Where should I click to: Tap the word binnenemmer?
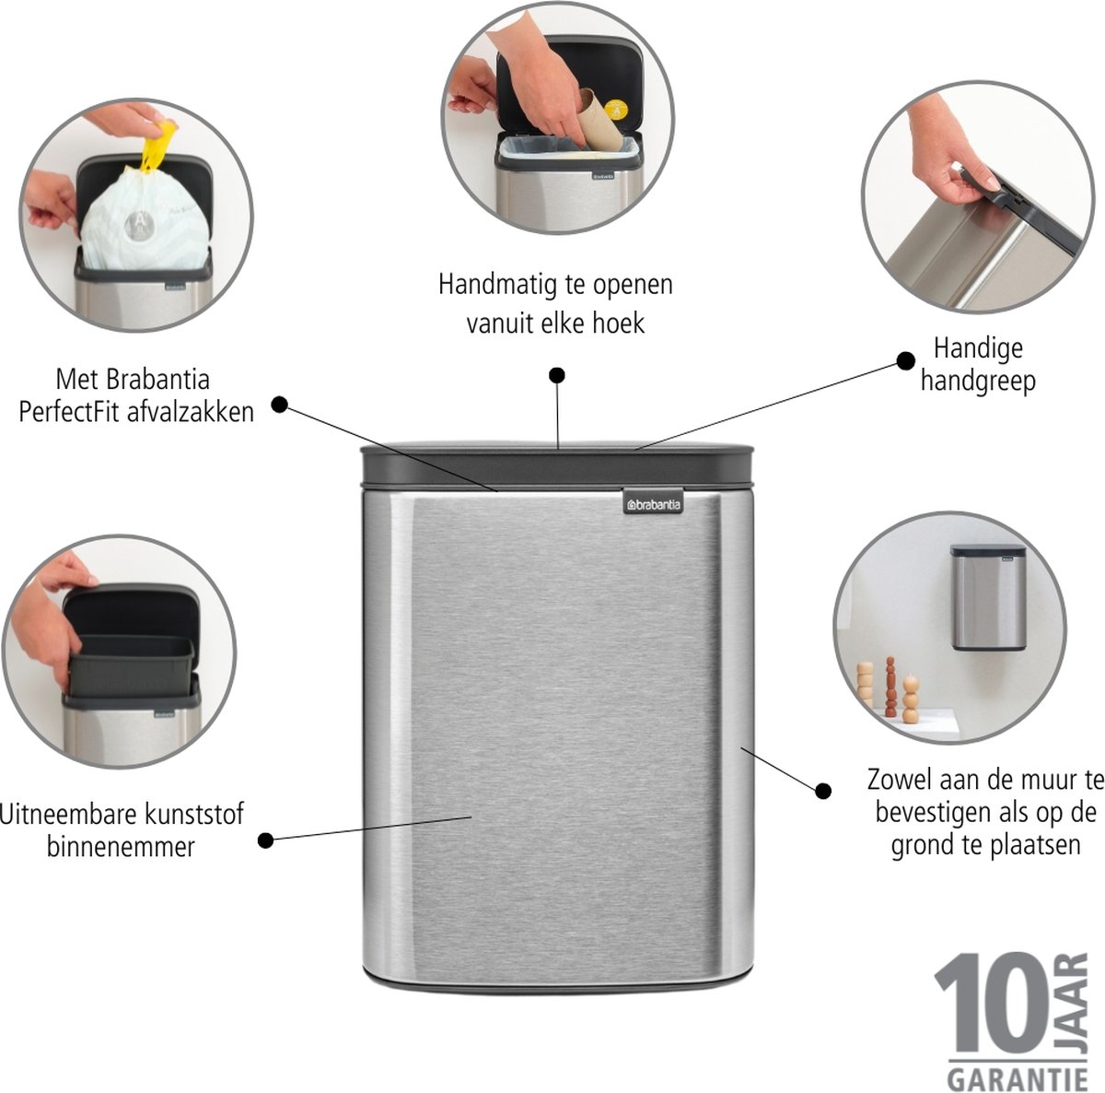coord(121,847)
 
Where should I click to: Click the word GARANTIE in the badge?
coord(1018,1078)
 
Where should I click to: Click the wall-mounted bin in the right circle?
coord(988,597)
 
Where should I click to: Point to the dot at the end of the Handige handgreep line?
coord(905,361)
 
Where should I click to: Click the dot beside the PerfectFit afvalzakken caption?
coord(279,405)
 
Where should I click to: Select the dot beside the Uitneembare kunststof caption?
coord(265,840)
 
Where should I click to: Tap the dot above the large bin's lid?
coord(557,375)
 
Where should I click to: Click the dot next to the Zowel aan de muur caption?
coord(823,791)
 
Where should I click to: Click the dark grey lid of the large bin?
coord(556,465)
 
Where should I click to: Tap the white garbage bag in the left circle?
coord(144,221)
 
